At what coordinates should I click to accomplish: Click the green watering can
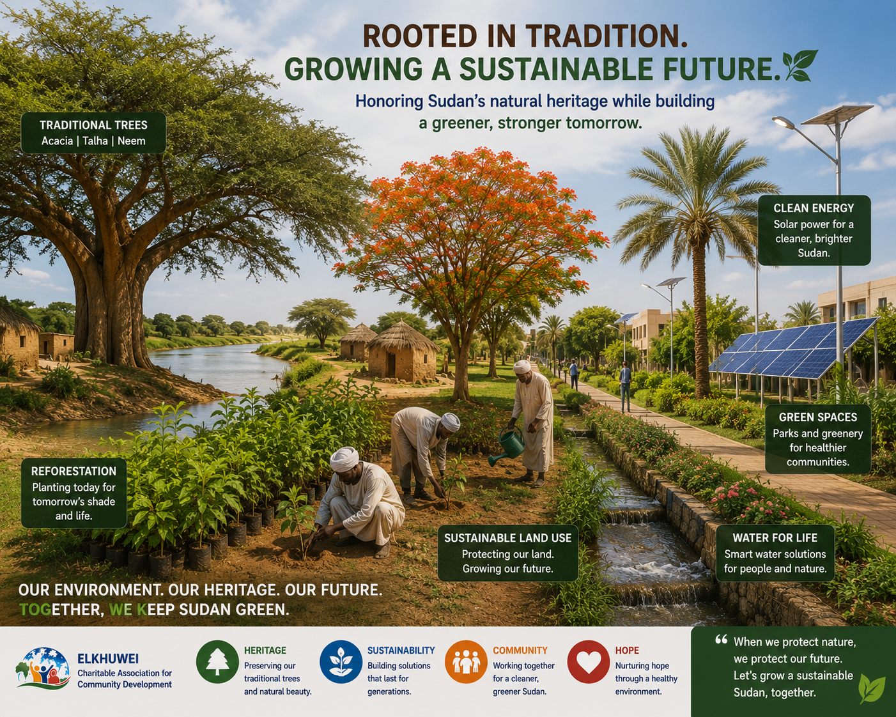click(508, 445)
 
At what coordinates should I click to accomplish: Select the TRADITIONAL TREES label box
click(93, 132)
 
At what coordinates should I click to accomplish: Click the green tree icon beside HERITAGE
click(217, 661)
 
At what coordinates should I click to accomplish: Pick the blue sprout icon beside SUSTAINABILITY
click(341, 661)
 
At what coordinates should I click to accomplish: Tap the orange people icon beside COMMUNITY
click(465, 661)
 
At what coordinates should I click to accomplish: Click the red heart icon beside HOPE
click(588, 661)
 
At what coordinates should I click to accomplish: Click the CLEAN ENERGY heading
click(814, 208)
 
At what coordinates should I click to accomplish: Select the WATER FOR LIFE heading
click(775, 537)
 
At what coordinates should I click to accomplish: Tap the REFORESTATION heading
click(73, 471)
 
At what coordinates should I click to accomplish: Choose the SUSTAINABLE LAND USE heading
click(507, 538)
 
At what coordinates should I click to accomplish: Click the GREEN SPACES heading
click(818, 417)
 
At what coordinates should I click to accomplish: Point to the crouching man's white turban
click(344, 459)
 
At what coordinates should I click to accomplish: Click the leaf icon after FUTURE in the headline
click(799, 65)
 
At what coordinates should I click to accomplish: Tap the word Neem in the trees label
click(131, 141)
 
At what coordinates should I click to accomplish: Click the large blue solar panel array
click(793, 349)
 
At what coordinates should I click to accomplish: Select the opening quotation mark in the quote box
click(721, 640)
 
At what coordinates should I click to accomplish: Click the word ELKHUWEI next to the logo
click(108, 659)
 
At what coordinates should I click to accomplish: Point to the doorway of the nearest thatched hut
click(391, 365)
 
